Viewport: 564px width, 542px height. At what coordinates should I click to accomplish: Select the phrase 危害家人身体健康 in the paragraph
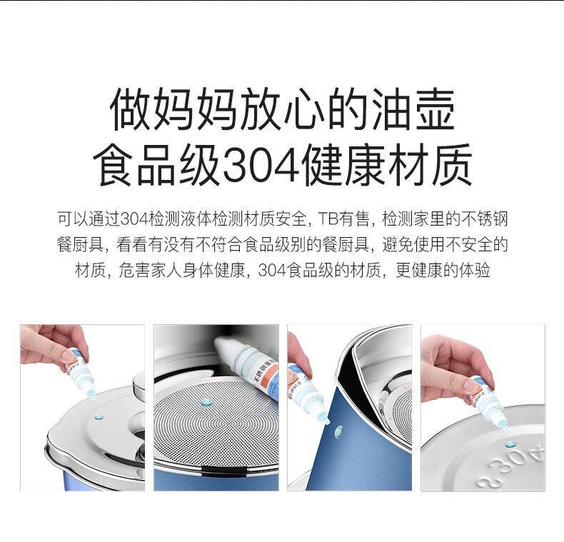click(183, 271)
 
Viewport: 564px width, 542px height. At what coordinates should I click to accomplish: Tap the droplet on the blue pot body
click(338, 431)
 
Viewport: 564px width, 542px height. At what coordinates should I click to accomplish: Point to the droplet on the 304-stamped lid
click(510, 444)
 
